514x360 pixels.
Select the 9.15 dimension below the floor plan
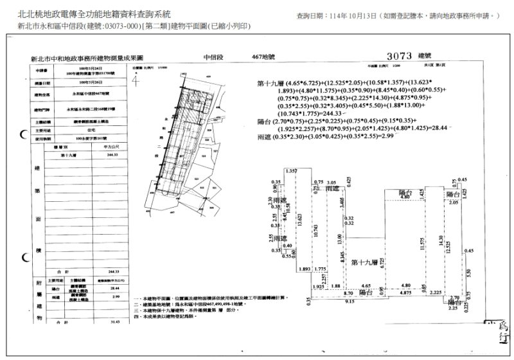pos(349,301)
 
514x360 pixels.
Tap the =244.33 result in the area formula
pos(323,132)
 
